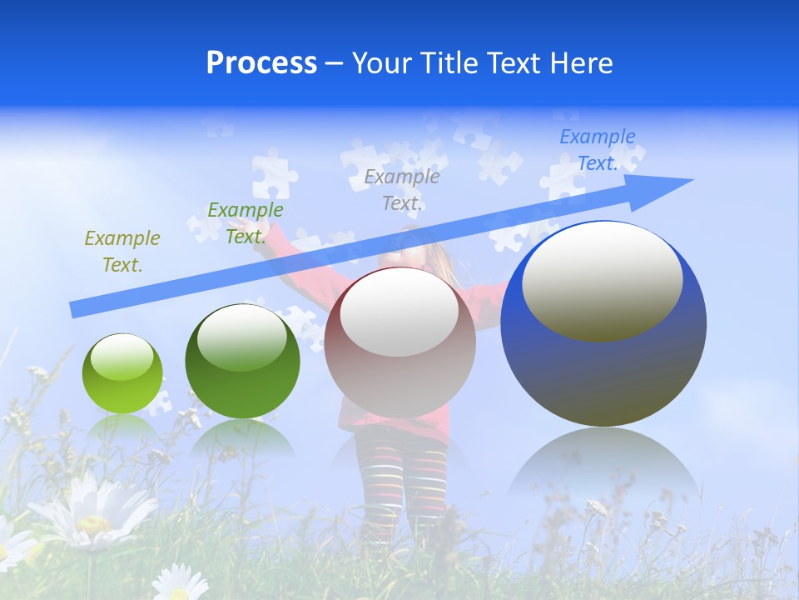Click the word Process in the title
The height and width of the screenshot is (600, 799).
(261, 63)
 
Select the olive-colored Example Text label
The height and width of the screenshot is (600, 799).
(122, 252)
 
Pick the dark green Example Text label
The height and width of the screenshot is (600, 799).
(245, 223)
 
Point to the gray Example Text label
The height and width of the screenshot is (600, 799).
(401, 190)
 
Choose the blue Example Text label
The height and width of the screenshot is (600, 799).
(597, 150)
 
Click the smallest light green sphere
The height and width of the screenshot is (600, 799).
(122, 374)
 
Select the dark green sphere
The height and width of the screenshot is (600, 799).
(242, 362)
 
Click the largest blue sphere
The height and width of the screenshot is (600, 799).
(603, 367)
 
